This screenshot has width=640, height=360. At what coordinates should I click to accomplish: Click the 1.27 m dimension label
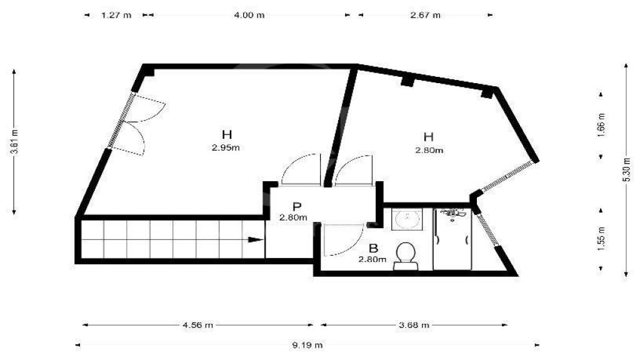(x=116, y=15)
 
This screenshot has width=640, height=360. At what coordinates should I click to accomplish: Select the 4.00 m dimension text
(x=249, y=15)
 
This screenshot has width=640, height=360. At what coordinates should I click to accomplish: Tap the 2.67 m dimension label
(x=425, y=15)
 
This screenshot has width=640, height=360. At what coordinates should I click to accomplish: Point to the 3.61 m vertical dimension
(x=15, y=142)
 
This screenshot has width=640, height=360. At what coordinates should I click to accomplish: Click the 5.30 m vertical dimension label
(x=626, y=169)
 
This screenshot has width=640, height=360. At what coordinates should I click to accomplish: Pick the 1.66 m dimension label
(x=601, y=125)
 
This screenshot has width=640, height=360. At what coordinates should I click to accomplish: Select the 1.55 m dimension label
(x=601, y=239)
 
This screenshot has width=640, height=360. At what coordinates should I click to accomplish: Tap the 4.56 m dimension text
(x=197, y=325)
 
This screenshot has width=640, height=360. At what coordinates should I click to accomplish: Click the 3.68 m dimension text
(x=414, y=325)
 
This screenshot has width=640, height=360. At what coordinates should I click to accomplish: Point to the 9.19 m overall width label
(x=307, y=345)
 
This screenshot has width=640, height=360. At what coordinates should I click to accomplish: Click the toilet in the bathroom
(x=406, y=256)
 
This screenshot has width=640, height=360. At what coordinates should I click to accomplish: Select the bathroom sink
(x=407, y=219)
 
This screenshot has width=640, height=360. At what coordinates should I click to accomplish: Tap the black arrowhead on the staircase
(x=256, y=239)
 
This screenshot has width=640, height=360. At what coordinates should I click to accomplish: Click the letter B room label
(x=373, y=248)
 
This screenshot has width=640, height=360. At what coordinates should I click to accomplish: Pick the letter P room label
(x=297, y=206)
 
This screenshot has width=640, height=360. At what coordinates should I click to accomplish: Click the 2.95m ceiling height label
(x=226, y=147)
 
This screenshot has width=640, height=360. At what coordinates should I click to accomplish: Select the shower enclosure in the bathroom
(x=452, y=239)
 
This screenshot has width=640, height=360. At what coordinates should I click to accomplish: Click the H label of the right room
(x=428, y=137)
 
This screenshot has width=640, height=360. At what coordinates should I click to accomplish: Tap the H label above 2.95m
(x=226, y=134)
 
